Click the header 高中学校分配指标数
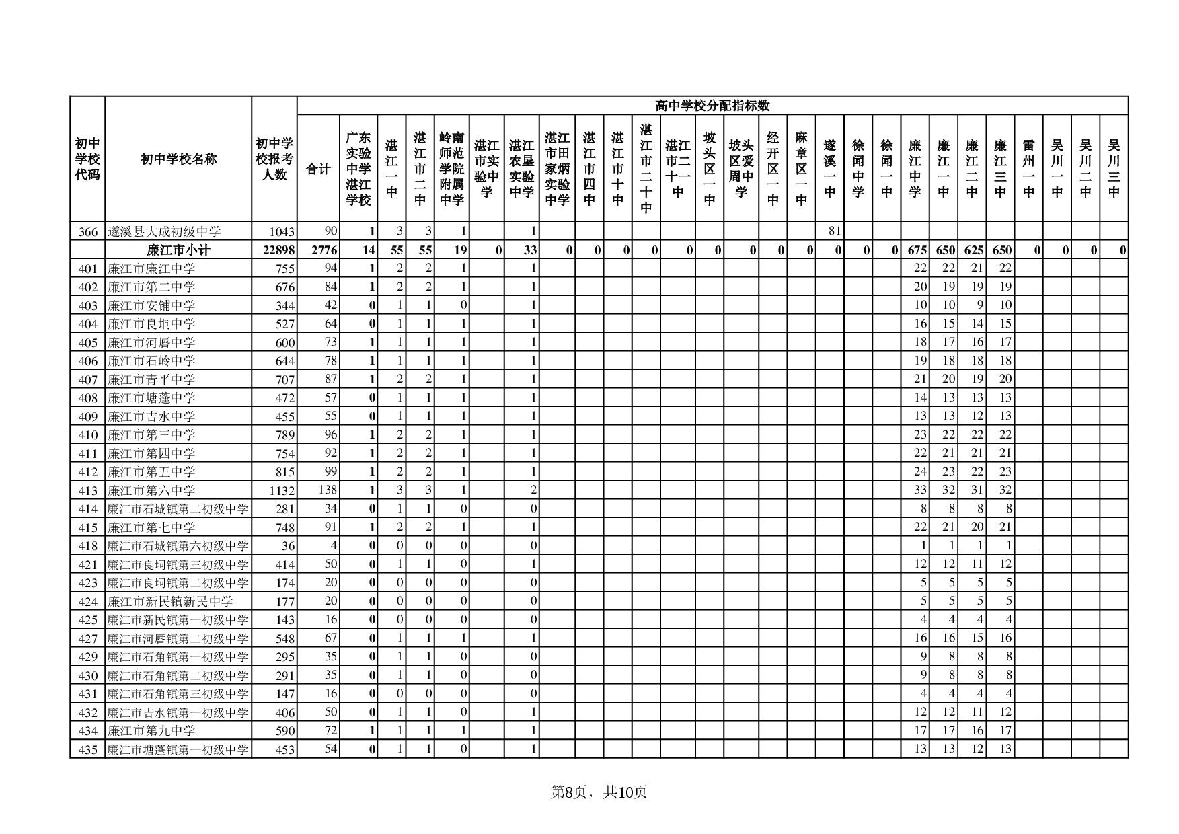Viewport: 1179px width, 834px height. point(712,106)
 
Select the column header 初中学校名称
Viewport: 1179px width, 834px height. point(178,159)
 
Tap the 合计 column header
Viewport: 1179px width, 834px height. point(318,169)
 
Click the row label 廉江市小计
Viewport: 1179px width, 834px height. point(178,250)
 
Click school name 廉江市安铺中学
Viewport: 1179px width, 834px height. point(152,305)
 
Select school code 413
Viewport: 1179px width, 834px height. point(88,490)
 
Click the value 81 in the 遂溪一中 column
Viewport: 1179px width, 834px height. point(834,231)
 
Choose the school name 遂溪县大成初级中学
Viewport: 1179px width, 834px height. point(164,231)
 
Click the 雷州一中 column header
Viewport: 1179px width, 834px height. point(1028,169)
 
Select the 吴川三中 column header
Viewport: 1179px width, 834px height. point(1114,169)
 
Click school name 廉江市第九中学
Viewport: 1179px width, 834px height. point(152,730)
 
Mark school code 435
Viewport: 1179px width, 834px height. point(88,749)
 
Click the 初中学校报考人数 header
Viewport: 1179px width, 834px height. point(274,159)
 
